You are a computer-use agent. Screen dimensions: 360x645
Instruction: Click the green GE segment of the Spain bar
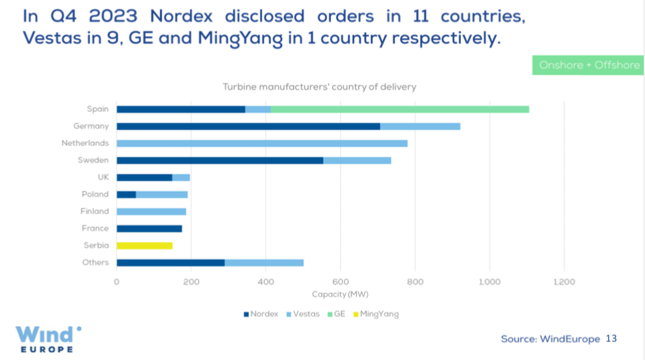[400, 109]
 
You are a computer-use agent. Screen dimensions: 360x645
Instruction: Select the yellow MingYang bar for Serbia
[144, 245]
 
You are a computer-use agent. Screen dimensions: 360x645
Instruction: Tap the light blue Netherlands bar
[261, 143]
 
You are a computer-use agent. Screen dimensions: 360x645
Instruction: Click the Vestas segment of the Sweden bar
[357, 160]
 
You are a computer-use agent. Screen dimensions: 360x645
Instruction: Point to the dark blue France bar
[149, 229]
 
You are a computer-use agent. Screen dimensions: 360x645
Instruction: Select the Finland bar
[151, 211]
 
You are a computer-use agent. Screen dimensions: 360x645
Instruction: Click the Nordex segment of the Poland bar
[126, 195]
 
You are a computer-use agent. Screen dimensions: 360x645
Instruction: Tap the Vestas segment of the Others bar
[264, 263]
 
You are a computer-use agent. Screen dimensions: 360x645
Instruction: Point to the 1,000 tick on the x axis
[490, 282]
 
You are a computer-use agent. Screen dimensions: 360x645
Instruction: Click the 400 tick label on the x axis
[266, 282]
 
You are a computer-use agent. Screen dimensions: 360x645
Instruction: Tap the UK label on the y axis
[102, 177]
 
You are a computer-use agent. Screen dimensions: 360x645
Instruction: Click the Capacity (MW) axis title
[340, 294]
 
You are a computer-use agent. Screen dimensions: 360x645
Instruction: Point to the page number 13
[611, 339]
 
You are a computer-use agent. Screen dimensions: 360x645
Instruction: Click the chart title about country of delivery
[319, 87]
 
